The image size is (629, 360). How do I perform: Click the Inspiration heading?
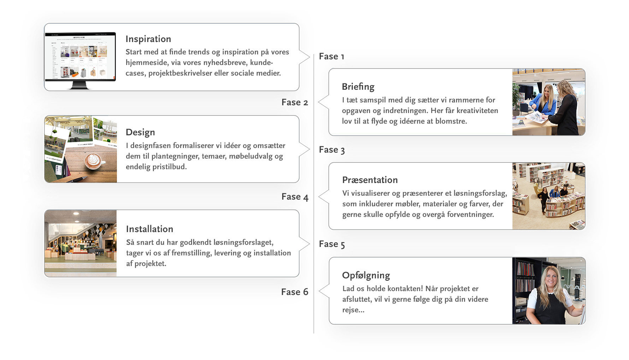[x=148, y=39]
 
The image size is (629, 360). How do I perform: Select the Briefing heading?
[x=358, y=87]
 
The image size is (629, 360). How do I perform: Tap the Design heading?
[x=140, y=132]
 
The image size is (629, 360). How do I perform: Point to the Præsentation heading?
[x=370, y=180]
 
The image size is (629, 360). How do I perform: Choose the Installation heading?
[x=149, y=229]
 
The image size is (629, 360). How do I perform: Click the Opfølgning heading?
[x=366, y=276]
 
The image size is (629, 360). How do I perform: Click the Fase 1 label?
[x=331, y=57]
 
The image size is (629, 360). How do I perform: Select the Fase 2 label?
[x=295, y=102]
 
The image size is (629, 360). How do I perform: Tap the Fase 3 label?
[x=332, y=150]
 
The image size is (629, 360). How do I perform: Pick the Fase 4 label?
[x=295, y=197]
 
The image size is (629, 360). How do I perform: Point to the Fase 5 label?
[x=332, y=244]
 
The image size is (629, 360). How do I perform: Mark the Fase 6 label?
[x=295, y=292]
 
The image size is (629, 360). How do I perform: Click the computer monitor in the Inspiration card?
[x=80, y=60]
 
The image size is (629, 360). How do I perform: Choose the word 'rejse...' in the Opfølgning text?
[x=353, y=310]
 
